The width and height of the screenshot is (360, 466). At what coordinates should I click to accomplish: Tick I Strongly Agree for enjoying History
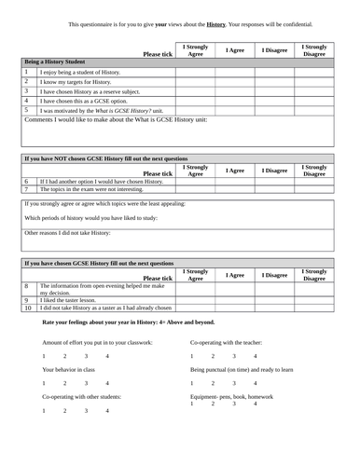[196, 71]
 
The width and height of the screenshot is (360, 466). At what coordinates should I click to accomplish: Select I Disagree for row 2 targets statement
[274, 81]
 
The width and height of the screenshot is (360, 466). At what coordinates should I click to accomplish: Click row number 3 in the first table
[27, 91]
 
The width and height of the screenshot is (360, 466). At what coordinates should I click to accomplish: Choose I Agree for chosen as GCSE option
[236, 101]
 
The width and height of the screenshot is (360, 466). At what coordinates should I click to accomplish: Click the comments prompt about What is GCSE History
[117, 120]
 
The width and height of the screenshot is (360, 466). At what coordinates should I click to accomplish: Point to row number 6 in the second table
[27, 181]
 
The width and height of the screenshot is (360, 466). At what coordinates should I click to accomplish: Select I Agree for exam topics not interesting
[236, 188]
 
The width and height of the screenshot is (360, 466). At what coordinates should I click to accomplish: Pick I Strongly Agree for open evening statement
[196, 289]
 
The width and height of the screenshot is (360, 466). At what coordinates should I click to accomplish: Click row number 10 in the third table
[28, 308]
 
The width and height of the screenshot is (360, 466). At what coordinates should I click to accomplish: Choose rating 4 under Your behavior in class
[106, 383]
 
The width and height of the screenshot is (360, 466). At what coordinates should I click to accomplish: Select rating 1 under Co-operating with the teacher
[191, 356]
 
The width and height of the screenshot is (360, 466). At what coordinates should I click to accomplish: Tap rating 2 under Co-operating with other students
[64, 410]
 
